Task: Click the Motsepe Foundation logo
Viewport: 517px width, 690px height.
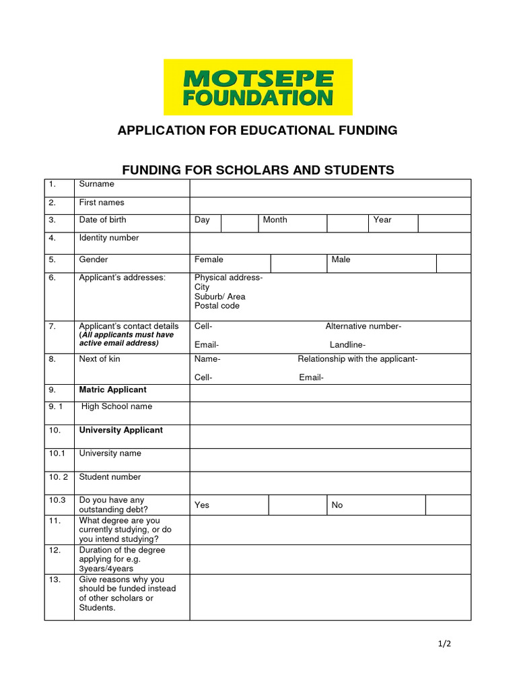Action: (x=258, y=87)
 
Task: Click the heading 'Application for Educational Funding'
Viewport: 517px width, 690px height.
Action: (x=258, y=130)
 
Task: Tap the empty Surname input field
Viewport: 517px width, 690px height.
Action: (x=330, y=187)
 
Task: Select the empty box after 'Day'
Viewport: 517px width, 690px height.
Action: (x=239, y=223)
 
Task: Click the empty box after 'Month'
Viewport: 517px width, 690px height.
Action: (x=347, y=223)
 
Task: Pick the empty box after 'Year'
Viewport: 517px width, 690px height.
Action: (x=444, y=223)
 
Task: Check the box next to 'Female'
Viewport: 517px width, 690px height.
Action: (x=298, y=263)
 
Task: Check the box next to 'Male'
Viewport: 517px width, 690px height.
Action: (x=453, y=263)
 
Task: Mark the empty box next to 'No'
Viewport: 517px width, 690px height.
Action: (x=448, y=505)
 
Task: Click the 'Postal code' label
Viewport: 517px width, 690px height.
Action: (x=217, y=306)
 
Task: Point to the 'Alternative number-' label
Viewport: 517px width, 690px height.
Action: (x=363, y=327)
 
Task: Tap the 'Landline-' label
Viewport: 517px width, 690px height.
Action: (x=347, y=345)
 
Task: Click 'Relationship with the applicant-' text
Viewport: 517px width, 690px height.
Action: (x=357, y=359)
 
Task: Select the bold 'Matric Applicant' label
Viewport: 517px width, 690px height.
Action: (x=112, y=390)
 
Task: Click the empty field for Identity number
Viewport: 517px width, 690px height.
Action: (x=330, y=242)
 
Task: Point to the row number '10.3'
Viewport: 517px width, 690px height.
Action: (x=57, y=500)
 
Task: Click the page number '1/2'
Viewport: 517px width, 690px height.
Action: (x=444, y=644)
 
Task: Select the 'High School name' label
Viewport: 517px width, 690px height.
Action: (x=116, y=406)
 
